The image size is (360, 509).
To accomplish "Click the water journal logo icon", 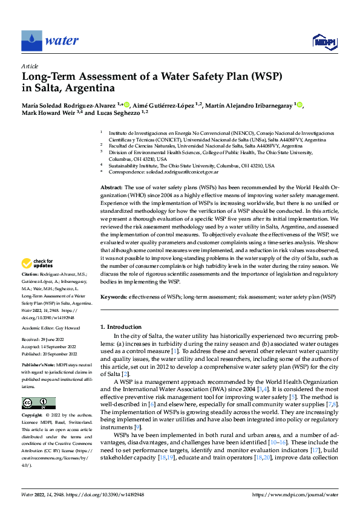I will click(x=31, y=41).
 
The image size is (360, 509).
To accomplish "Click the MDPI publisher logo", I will click(x=324, y=41).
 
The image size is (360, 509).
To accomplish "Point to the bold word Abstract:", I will click(x=112, y=189).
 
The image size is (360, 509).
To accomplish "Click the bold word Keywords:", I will click(x=113, y=297).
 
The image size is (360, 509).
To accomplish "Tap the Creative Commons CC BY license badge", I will click(x=38, y=403).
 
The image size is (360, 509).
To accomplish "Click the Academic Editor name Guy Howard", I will click(x=70, y=327).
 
